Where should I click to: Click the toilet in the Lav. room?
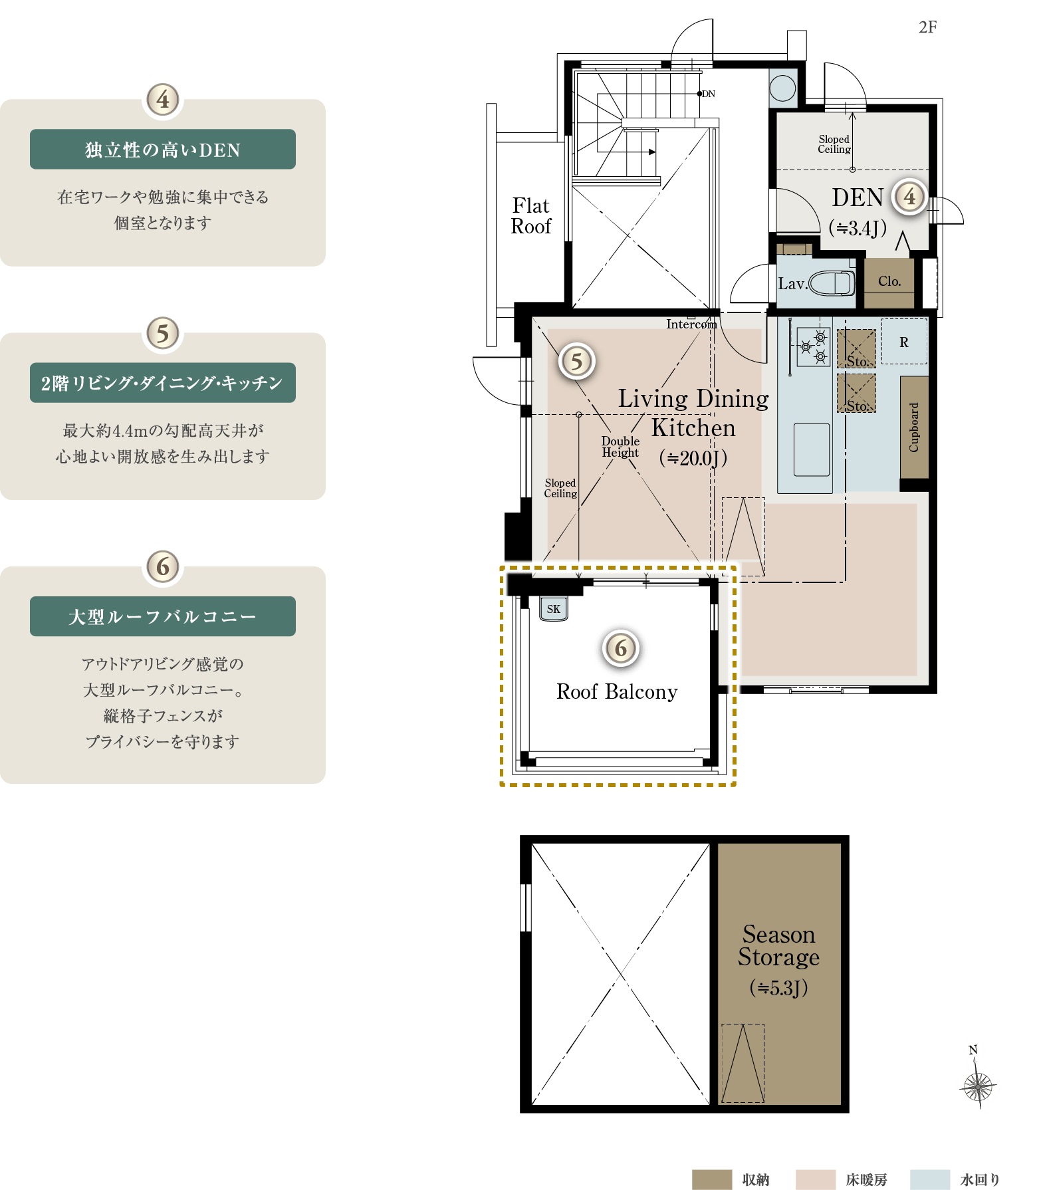coord(832,283)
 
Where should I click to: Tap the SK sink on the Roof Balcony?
coord(554,608)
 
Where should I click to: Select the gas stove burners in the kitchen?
coord(813,346)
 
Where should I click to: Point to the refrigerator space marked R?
coord(904,342)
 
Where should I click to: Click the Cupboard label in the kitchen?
coord(914,427)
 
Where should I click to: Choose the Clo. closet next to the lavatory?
coord(889,282)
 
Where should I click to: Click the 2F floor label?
coord(928,27)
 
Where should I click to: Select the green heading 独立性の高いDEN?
coord(163,150)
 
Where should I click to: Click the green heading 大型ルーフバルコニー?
coord(163,616)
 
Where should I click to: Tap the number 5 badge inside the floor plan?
coord(576,362)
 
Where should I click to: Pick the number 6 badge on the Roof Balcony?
coord(621,648)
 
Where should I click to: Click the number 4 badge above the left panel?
coord(163,100)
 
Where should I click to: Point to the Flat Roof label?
coord(531,216)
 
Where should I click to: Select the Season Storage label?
coord(778,945)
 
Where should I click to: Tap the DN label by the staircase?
coord(709,94)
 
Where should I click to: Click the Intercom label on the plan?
coord(691,324)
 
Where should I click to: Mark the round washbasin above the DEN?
coord(782,88)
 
